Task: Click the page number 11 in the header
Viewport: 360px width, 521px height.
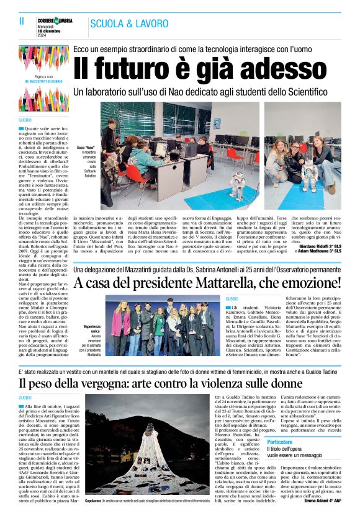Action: pyautogui.click(x=22, y=20)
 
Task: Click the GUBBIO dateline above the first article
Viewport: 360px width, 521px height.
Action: pyautogui.click(x=25, y=119)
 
